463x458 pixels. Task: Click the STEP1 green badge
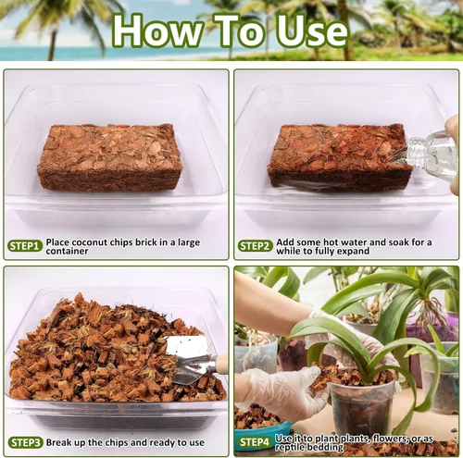[x=25, y=245]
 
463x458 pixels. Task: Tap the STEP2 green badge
[x=255, y=245]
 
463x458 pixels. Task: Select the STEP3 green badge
[x=25, y=442]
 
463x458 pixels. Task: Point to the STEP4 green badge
[x=254, y=442]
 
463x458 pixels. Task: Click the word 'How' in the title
[x=154, y=31]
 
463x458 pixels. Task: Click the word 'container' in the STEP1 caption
[x=68, y=251]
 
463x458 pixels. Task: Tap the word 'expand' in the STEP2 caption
[x=370, y=251]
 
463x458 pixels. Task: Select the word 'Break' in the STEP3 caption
[x=62, y=442]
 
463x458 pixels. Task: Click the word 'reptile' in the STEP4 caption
[x=294, y=448]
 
